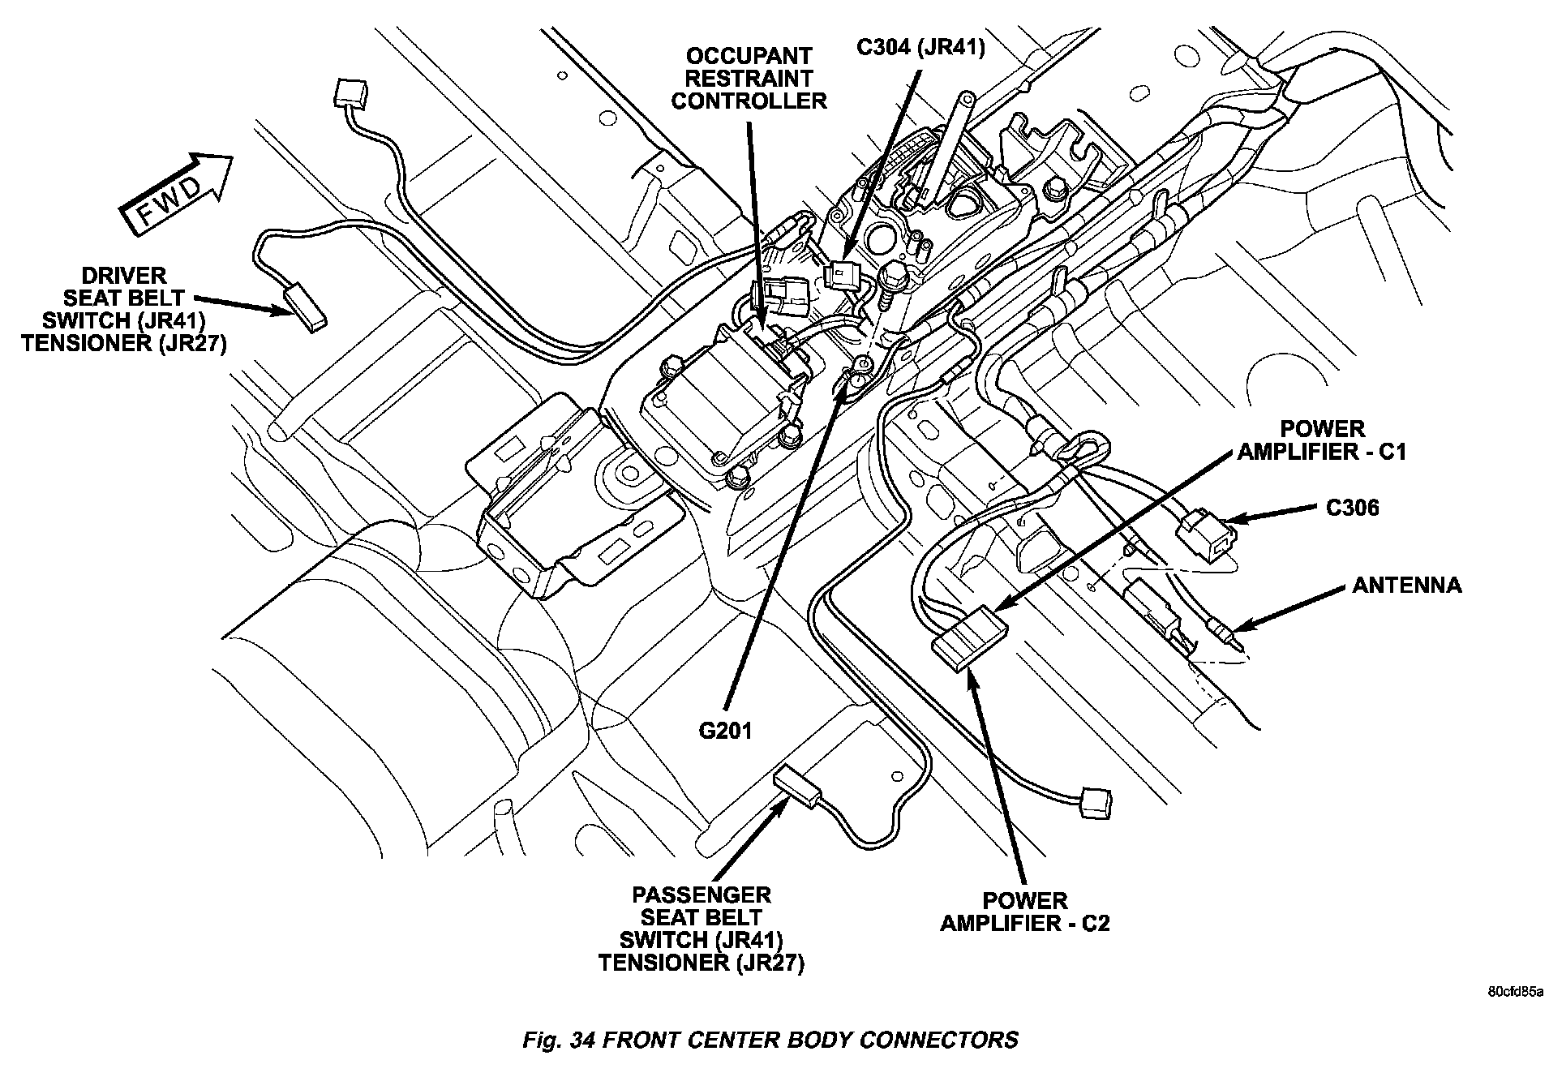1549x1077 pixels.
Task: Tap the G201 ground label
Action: (x=725, y=731)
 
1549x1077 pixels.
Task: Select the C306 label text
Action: (x=1352, y=508)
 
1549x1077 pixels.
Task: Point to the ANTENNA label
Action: (x=1406, y=585)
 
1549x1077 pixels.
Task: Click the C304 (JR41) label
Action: (x=920, y=48)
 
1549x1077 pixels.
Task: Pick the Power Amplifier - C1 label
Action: (x=1321, y=440)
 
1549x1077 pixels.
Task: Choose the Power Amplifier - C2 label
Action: (x=1024, y=912)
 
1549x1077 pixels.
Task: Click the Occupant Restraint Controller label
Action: (x=749, y=79)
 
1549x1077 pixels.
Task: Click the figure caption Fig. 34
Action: (x=770, y=1039)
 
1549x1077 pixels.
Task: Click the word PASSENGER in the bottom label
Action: (x=701, y=895)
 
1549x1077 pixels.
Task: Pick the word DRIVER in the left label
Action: (x=124, y=275)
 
